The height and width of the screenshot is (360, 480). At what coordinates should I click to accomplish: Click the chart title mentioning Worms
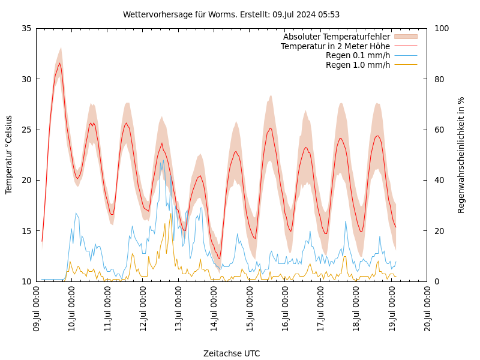[231, 14]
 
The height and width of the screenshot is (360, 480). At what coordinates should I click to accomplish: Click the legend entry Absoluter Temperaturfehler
[336, 37]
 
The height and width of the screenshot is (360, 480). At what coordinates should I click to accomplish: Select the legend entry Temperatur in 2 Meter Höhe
[335, 46]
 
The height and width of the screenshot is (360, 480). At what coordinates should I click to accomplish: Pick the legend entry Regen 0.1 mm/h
[358, 56]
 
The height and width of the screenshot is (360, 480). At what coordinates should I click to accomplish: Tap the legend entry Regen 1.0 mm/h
[358, 65]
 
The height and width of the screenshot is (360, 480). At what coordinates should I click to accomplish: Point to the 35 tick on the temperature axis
[26, 28]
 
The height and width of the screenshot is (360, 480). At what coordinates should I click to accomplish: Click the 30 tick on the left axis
[26, 79]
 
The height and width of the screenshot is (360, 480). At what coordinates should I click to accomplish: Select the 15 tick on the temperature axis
[26, 231]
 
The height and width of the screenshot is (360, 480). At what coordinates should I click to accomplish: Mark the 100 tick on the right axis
[441, 28]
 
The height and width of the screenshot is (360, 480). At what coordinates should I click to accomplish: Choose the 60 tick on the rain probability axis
[439, 130]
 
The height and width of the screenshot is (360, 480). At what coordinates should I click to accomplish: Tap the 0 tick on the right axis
[437, 281]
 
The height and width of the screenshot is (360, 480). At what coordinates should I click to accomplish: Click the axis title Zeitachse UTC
[231, 353]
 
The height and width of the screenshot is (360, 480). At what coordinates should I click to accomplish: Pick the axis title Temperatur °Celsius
[9, 155]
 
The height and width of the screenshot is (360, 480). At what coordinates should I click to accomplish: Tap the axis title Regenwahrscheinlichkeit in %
[461, 155]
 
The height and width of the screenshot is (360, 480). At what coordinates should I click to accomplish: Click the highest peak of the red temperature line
[59, 63]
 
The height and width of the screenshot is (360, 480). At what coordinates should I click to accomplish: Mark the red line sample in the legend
[405, 46]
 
